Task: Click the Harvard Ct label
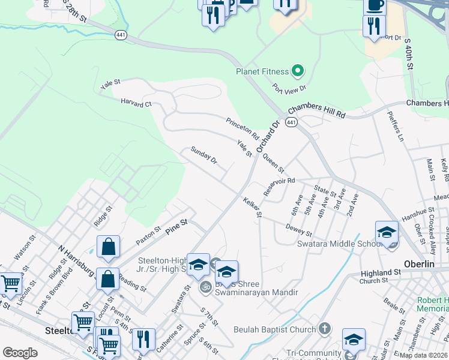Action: pos(136,103)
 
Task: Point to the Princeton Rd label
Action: pos(242,130)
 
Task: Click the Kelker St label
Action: pos(253,207)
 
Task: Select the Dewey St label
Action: pos(299,229)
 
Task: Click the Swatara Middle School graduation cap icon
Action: pos(387,231)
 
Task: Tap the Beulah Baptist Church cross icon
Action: pos(324,329)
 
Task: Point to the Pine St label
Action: pos(177,223)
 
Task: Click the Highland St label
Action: pos(380,273)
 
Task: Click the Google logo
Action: pos(20,353)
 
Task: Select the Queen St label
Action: pos(273,163)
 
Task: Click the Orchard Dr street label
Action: pos(268,136)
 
